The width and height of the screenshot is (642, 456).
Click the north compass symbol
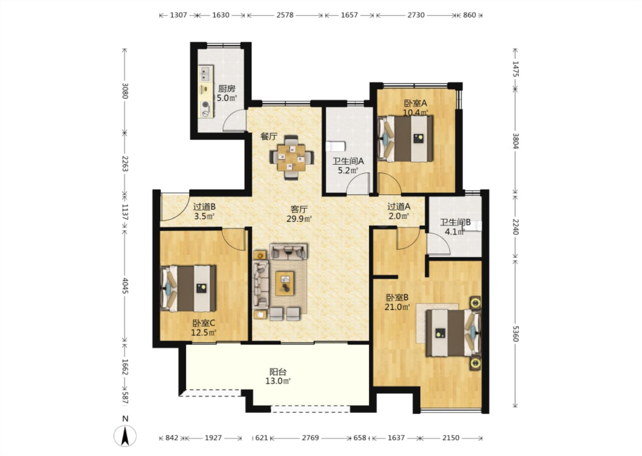125,436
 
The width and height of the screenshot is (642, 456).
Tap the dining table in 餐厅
292,158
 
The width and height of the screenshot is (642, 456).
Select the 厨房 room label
226,89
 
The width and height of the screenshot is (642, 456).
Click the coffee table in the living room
284,283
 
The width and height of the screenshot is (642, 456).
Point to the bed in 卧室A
405,138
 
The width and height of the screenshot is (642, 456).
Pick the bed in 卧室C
188,289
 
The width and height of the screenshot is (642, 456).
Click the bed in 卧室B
453,333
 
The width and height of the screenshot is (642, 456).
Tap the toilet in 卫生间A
335,147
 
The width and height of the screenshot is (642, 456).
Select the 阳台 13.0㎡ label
278,376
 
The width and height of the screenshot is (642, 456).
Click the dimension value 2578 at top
285,15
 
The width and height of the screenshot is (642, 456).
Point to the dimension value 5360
515,334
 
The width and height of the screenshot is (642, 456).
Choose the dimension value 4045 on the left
125,285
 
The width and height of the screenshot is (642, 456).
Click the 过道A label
399,206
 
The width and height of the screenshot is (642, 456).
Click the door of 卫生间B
439,244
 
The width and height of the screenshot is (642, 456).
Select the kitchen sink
205,73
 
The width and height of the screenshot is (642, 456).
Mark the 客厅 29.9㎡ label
299,214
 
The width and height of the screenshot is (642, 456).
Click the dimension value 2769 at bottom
310,438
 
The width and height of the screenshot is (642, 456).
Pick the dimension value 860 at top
469,15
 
